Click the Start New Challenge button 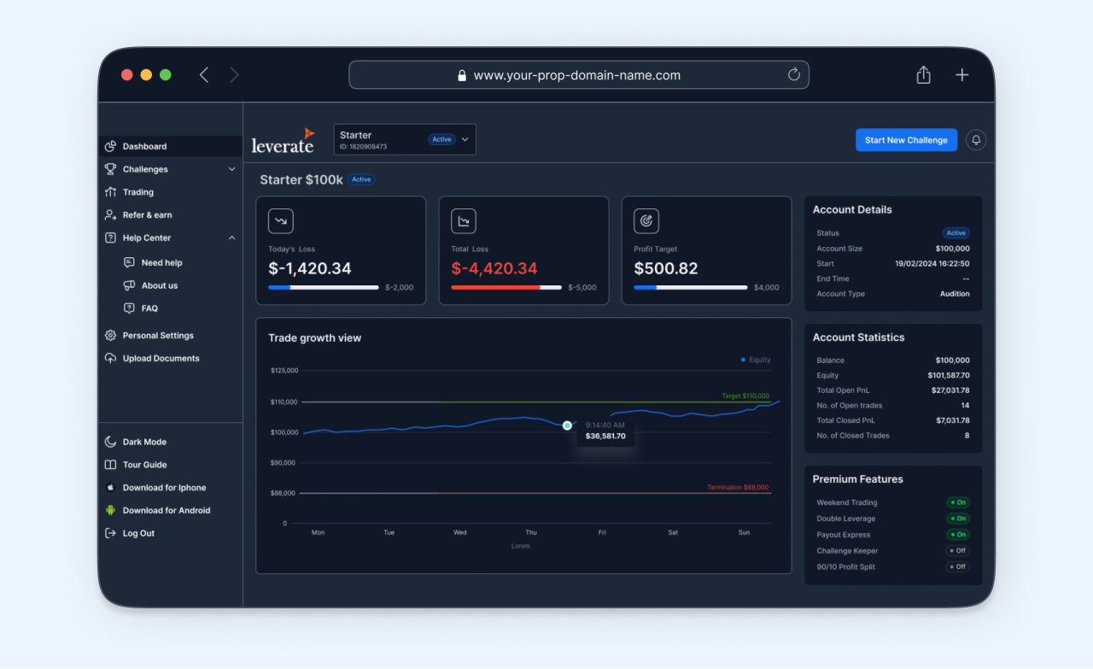(x=906, y=140)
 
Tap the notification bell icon (x=976, y=140)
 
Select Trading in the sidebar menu (x=137, y=192)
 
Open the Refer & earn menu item (x=147, y=215)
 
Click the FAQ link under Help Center (x=149, y=308)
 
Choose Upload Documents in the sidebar (x=161, y=359)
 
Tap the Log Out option (x=138, y=533)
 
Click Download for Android (x=166, y=511)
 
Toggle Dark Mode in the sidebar (x=143, y=442)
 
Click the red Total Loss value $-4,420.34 (x=494, y=268)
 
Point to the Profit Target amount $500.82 (x=666, y=268)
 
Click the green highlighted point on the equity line (x=567, y=425)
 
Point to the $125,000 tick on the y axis (x=284, y=371)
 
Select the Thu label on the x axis (x=531, y=532)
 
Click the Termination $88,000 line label (x=738, y=488)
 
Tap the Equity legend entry (x=756, y=360)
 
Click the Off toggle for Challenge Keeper (x=957, y=551)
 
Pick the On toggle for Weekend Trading (x=957, y=502)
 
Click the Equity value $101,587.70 (x=949, y=375)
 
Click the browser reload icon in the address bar (x=794, y=75)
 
